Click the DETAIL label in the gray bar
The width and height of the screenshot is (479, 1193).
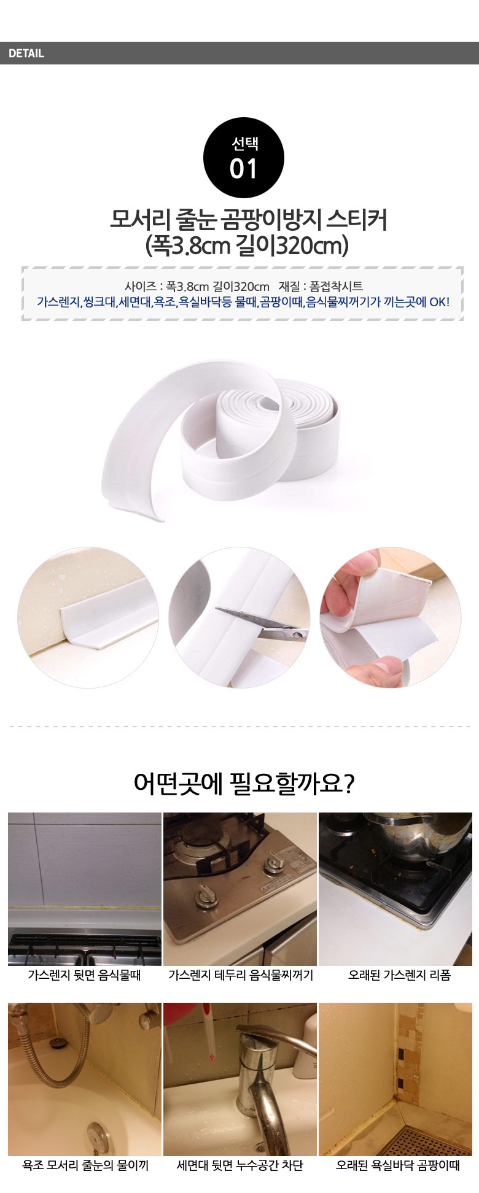(26, 53)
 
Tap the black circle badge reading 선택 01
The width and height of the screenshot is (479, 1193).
(243, 158)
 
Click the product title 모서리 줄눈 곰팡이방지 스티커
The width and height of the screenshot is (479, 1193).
(248, 219)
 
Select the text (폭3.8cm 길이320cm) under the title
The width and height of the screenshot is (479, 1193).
(247, 245)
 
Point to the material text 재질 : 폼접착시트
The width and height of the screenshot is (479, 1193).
(321, 286)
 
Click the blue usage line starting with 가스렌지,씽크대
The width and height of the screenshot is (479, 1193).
(243, 302)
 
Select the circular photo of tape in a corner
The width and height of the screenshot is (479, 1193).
(88, 617)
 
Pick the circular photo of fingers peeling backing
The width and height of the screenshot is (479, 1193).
(390, 617)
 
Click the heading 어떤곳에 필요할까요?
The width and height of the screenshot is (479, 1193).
(244, 784)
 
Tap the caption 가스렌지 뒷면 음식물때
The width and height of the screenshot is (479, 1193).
(84, 975)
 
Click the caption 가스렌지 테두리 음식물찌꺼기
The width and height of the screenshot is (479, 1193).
(241, 975)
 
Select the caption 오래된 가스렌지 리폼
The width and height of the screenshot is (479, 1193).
(399, 975)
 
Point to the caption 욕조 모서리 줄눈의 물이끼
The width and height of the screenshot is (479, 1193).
(85, 1165)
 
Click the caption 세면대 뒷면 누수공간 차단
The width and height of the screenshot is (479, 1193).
(240, 1165)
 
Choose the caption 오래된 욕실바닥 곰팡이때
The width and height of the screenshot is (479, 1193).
(397, 1165)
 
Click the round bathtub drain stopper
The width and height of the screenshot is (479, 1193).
(98, 1133)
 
